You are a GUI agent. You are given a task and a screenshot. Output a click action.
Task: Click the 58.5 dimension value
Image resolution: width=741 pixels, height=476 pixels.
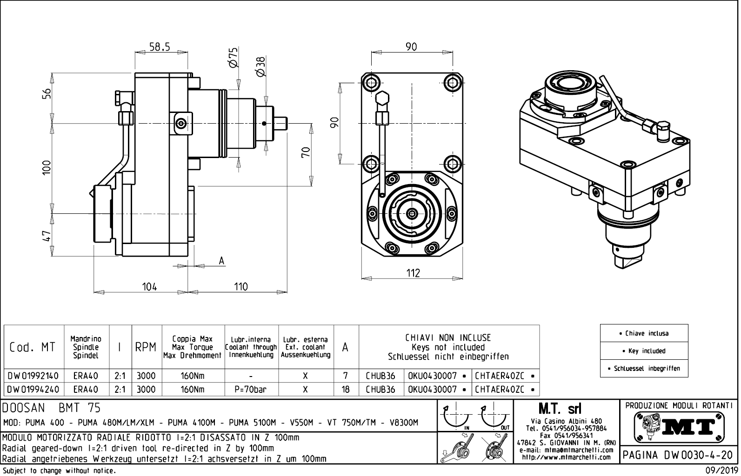tap(160, 46)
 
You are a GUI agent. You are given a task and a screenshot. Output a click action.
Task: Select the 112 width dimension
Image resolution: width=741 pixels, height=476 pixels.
tap(413, 273)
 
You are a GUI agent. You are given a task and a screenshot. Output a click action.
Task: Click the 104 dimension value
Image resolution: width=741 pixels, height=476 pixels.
tap(149, 286)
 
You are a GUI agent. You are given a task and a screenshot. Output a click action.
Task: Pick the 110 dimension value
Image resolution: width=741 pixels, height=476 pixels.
tap(240, 286)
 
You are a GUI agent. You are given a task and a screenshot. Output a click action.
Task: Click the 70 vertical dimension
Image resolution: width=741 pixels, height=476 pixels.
tap(306, 152)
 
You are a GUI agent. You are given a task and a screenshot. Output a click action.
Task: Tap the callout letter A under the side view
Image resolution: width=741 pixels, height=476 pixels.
tap(222, 261)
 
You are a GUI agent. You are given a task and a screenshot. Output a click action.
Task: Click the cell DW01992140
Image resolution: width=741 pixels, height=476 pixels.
tap(33, 376)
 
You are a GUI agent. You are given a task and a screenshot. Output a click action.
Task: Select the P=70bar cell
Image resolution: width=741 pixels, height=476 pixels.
tap(251, 389)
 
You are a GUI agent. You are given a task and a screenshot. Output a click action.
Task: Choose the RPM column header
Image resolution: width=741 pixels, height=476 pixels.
tap(146, 347)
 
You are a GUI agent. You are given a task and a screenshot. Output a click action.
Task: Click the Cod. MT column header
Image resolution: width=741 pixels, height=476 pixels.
tap(33, 347)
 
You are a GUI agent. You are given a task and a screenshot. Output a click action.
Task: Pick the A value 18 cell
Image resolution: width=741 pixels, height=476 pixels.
tap(346, 389)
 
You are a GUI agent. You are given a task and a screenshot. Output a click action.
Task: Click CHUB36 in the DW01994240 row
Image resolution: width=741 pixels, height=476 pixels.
tap(380, 389)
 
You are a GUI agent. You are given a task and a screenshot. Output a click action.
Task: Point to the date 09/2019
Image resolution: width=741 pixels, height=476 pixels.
tap(719, 470)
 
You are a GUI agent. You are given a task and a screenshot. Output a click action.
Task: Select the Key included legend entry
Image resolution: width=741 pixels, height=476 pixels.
tap(644, 351)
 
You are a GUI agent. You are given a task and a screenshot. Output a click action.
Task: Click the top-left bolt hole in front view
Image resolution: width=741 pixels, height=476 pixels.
tap(371, 83)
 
